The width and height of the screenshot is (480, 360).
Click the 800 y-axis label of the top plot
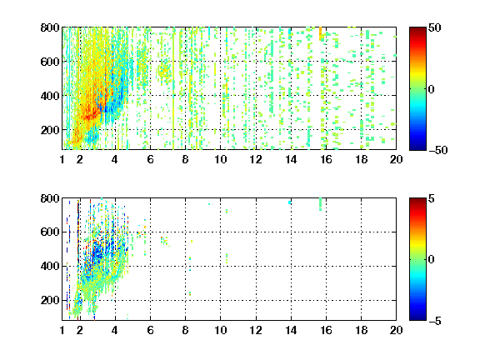pyautogui.click(x=50, y=27)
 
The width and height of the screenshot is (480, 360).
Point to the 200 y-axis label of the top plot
pyautogui.click(x=50, y=130)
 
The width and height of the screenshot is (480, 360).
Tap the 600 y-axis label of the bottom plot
pyautogui.click(x=50, y=232)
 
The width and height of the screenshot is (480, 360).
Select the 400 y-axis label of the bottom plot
pyautogui.click(x=50, y=266)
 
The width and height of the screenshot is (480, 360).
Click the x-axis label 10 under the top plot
pyautogui.click(x=220, y=159)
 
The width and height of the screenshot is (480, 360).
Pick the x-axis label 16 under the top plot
pyautogui.click(x=327, y=159)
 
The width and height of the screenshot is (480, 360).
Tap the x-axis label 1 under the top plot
pyautogui.click(x=62, y=159)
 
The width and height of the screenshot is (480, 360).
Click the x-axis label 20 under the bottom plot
pyautogui.click(x=396, y=330)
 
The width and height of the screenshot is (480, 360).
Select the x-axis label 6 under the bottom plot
pyautogui.click(x=150, y=330)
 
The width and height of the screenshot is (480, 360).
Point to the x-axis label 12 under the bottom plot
pyautogui.click(x=256, y=330)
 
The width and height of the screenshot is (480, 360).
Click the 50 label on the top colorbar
pyautogui.click(x=435, y=27)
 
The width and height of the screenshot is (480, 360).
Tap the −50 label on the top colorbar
pyautogui.click(x=438, y=150)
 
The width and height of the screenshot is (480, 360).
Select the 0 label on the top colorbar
pyautogui.click(x=432, y=89)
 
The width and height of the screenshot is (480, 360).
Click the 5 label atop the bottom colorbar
pyautogui.click(x=432, y=198)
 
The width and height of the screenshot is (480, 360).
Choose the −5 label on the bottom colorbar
pyautogui.click(x=435, y=321)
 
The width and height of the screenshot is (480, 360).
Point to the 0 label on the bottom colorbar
pyautogui.click(x=432, y=260)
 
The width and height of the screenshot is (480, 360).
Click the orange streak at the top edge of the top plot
pyautogui.click(x=321, y=33)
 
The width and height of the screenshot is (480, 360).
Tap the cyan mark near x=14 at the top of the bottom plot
pyautogui.click(x=290, y=202)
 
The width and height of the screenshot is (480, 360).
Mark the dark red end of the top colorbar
pyautogui.click(x=417, y=29)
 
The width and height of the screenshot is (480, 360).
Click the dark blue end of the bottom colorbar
pyautogui.click(x=417, y=317)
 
